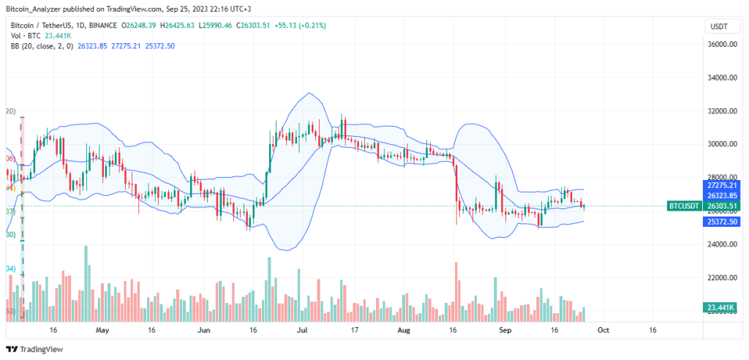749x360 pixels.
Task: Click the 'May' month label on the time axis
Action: pyautogui.click(x=102, y=330)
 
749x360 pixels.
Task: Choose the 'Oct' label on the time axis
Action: pyautogui.click(x=603, y=330)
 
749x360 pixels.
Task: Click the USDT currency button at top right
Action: pyautogui.click(x=718, y=27)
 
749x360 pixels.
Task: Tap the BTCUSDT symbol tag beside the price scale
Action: pyautogui.click(x=685, y=206)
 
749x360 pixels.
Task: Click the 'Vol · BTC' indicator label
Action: pyautogui.click(x=26, y=36)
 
